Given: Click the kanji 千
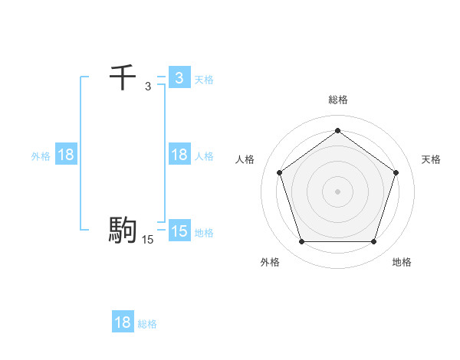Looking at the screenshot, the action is point(123,77).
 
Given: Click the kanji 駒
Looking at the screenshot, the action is point(123,229).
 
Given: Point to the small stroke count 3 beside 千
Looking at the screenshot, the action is point(148,87).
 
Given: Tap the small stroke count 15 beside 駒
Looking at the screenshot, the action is point(148,240).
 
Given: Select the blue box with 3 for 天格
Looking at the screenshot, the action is point(179,77).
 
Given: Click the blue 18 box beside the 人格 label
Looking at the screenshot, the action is point(179,155).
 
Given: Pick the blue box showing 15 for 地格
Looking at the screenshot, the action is point(179,231).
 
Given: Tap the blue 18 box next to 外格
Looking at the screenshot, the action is point(66,155).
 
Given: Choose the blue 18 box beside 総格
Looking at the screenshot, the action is point(123,322).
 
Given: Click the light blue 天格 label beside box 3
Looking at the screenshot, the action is point(204,79).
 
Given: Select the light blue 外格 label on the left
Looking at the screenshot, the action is point(41,155).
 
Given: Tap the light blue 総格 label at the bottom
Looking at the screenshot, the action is point(147,324).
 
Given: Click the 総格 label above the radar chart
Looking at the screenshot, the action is point(337,100).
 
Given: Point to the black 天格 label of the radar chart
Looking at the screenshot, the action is point(431,159).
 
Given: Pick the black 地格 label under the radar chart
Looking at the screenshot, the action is point(402,262).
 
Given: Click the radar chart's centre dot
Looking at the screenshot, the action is point(337,191).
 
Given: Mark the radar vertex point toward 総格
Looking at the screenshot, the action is point(337,131).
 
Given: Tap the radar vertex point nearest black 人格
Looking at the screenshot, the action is point(280,172).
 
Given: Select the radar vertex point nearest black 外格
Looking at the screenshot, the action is point(301,242).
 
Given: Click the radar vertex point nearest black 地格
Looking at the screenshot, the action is point(373,242).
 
